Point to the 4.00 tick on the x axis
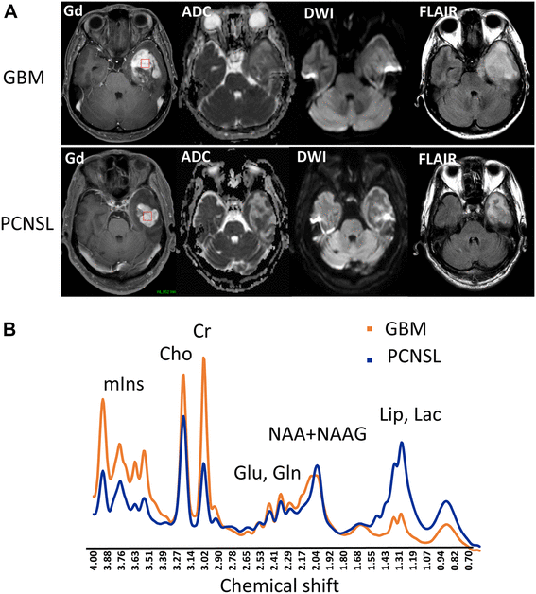pyautogui.click(x=94, y=565)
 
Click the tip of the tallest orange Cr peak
pyautogui.click(x=203, y=358)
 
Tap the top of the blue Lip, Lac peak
pyautogui.click(x=402, y=443)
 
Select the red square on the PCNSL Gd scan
pyautogui.click(x=147, y=218)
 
